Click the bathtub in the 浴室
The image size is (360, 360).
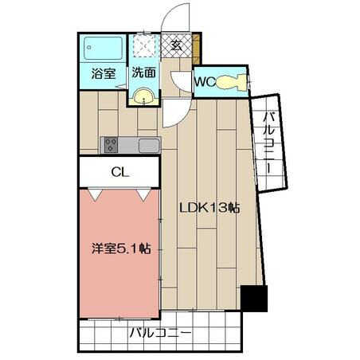[x=103, y=49]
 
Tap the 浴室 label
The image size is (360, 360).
[x=104, y=73]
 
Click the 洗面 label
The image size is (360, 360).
[x=143, y=72]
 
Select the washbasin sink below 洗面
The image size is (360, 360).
[x=143, y=97]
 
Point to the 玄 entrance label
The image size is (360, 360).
[x=177, y=45]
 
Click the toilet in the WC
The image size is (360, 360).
[x=231, y=82]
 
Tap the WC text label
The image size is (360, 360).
[x=205, y=82]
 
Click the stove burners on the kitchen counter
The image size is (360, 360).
[x=111, y=145]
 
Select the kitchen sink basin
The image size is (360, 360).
[x=149, y=146]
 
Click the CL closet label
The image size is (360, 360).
[x=120, y=172]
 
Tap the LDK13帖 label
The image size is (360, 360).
[x=209, y=208]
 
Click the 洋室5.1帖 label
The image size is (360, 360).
[x=122, y=248]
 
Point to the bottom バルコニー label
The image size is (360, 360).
[x=160, y=333]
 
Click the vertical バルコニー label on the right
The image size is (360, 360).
[x=268, y=143]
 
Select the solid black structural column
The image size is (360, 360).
[x=254, y=299]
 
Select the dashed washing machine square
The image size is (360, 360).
[x=143, y=45]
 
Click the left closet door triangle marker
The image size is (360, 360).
[x=96, y=194]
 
